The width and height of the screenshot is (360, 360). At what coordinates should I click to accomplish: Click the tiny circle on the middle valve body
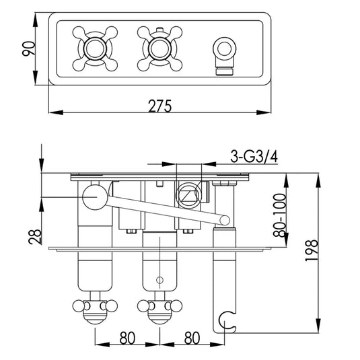tap(159, 279)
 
